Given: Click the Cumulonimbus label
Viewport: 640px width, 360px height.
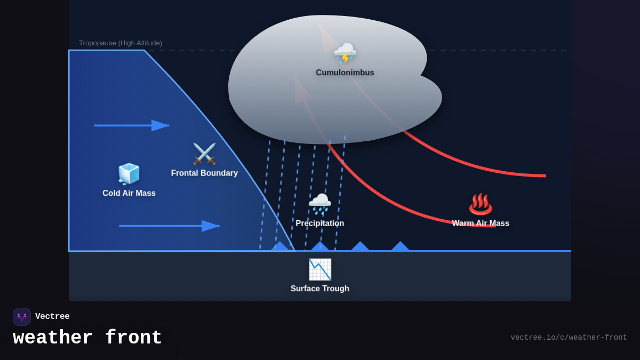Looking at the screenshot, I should coord(345,73).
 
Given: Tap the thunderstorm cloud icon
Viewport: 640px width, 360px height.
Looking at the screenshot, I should coord(345,53).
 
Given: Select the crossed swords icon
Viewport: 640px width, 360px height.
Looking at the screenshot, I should coord(204,154).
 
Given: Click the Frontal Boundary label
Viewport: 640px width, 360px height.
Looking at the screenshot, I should coord(204,173).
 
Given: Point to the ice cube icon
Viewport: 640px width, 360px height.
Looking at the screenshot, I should coord(129,174).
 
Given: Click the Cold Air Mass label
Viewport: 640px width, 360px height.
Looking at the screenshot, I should coord(129,193).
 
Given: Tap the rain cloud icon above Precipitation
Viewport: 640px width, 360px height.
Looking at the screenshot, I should coord(320,204).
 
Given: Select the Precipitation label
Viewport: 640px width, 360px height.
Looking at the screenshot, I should coord(320,223).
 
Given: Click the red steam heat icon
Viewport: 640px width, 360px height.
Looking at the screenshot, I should coord(481,204).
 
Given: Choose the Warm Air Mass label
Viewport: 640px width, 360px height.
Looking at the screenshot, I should coord(481,223).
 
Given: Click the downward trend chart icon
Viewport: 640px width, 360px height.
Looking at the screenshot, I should coord(320,269).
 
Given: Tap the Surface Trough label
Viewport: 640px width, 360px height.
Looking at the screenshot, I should coord(320,289).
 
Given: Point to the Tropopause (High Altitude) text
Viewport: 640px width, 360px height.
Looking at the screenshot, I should coord(121,43).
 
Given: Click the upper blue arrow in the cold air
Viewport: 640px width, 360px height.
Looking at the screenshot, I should coord(132,125).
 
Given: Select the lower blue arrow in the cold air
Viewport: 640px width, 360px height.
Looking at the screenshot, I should coord(169,226).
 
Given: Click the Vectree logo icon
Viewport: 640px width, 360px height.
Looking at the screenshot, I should coord(22,317).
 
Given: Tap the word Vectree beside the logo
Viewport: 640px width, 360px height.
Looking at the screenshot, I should coord(52,317).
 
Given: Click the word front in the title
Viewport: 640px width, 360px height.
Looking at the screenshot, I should coord(133,338).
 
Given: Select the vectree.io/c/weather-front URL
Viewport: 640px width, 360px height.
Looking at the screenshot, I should coord(569,338).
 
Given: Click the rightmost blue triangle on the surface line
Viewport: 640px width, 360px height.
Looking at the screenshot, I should coord(400,246).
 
